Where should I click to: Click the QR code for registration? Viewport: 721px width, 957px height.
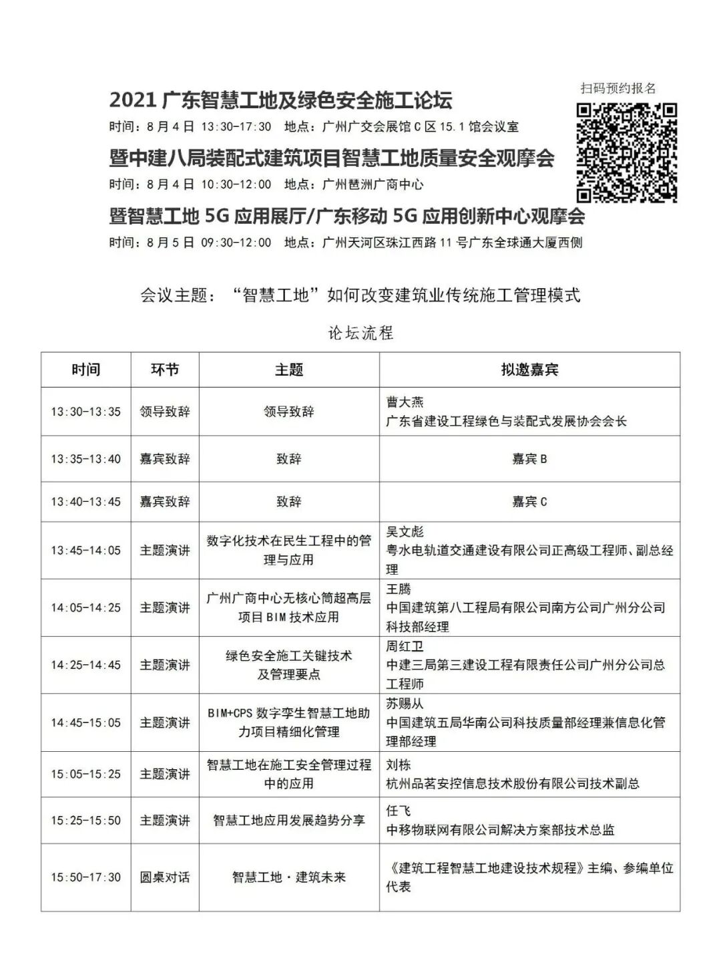pos(627,152)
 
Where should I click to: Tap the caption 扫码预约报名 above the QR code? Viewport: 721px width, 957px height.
pos(618,88)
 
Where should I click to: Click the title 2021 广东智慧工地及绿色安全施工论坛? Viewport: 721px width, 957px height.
pos(281,100)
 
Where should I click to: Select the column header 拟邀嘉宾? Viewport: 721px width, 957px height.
pos(529,370)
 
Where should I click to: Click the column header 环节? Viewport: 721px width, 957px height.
pos(165,370)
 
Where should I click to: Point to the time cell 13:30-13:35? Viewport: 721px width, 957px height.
pos(86,412)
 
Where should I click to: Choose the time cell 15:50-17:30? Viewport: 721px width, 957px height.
pos(86,877)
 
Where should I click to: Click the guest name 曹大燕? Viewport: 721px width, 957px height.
pos(405,402)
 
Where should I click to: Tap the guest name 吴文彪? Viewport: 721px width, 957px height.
pos(405,532)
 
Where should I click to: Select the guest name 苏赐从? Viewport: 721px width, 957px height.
pos(405,704)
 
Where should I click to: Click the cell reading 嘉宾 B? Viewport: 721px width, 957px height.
pos(529,459)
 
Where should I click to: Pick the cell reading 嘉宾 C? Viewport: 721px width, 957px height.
pos(529,502)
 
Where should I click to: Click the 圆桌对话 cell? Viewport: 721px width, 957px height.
pos(165,877)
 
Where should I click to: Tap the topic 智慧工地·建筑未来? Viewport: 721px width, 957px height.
pos(289,877)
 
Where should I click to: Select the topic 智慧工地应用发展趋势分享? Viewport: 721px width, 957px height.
pos(289,820)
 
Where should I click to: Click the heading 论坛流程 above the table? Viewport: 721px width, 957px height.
pos(360,332)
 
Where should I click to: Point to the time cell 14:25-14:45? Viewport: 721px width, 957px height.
pos(86,665)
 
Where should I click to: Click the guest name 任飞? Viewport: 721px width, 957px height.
pos(399,811)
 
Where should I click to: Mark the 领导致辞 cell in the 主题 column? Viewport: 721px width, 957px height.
pos(289,412)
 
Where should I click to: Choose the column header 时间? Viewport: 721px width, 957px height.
pos(86,370)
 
